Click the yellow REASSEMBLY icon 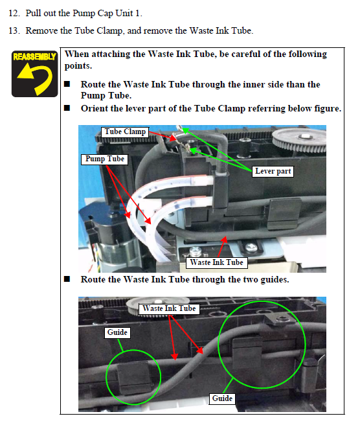click(x=34, y=74)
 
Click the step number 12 click(x=14, y=13)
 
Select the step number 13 click(x=14, y=30)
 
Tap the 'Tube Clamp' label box click(x=125, y=132)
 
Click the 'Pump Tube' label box click(x=104, y=159)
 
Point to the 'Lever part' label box click(x=273, y=171)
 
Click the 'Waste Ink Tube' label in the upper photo click(x=216, y=263)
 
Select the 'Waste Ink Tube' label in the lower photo click(x=169, y=308)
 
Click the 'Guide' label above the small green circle click(x=117, y=332)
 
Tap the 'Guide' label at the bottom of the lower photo click(x=222, y=398)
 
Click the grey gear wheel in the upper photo click(x=300, y=141)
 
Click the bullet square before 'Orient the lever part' click(x=67, y=108)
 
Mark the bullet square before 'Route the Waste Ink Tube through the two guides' click(x=67, y=279)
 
